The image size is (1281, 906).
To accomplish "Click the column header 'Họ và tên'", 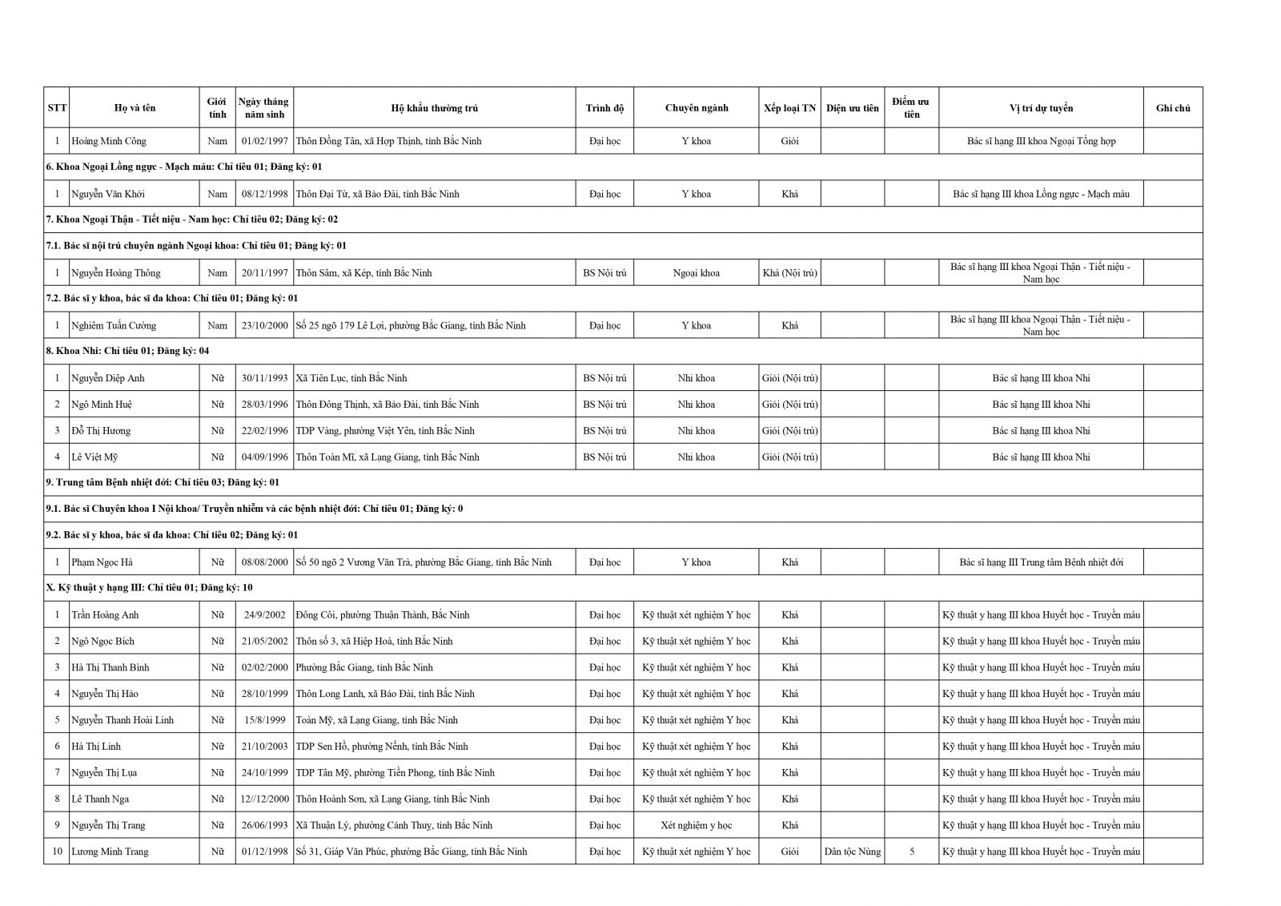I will pyautogui.click(x=135, y=108).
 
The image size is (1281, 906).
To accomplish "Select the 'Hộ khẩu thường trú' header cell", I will pyautogui.click(x=434, y=108).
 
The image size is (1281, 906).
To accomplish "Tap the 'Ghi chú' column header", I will pyautogui.click(x=1172, y=108).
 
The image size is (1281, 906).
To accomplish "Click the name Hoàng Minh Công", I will pyautogui.click(x=109, y=141).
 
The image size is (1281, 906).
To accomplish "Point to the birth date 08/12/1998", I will pyautogui.click(x=264, y=194).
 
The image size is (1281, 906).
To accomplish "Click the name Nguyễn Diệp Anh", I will pyautogui.click(x=108, y=378).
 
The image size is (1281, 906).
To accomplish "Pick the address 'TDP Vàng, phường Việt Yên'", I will pyautogui.click(x=385, y=431).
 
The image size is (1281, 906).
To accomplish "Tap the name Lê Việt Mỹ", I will pyautogui.click(x=94, y=457).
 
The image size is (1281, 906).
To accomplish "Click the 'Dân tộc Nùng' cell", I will pyautogui.click(x=852, y=852).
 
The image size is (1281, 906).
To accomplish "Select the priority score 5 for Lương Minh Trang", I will pyautogui.click(x=911, y=852).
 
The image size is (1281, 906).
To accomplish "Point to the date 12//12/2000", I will pyautogui.click(x=264, y=799).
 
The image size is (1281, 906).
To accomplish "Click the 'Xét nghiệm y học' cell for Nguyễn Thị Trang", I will pyautogui.click(x=696, y=825).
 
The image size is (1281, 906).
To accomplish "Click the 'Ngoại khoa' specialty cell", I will pyautogui.click(x=696, y=273).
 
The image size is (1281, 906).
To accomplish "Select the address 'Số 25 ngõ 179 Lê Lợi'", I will pyautogui.click(x=411, y=326).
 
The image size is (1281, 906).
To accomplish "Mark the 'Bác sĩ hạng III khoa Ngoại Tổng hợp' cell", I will pyautogui.click(x=1041, y=141).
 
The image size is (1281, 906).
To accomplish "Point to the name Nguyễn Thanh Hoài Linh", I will pyautogui.click(x=122, y=720).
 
